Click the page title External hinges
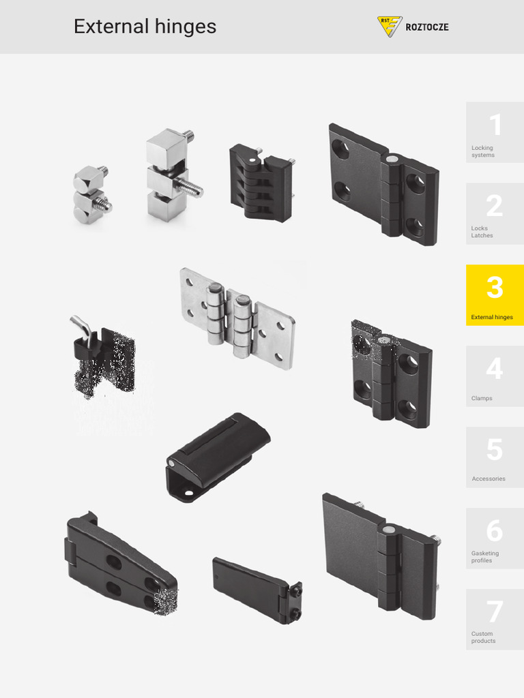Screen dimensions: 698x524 tap(145, 27)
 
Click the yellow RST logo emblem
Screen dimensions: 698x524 tap(390, 27)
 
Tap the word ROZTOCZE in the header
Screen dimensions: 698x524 tap(427, 28)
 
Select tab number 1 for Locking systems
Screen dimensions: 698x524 tap(495, 132)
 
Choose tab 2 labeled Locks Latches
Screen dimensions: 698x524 tap(495, 213)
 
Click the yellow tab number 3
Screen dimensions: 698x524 tap(495, 295)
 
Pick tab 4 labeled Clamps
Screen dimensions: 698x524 tap(495, 376)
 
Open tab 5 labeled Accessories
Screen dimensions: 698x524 tap(495, 457)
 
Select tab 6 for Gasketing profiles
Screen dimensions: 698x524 tap(495, 538)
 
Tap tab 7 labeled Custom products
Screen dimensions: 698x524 tap(495, 619)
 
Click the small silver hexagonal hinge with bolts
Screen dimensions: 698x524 tap(91, 196)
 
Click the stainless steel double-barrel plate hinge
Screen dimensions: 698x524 tap(237, 317)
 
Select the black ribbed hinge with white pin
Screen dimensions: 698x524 tap(261, 182)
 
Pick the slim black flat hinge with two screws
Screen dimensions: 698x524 tap(256, 589)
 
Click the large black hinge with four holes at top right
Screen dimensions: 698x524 tap(383, 185)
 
